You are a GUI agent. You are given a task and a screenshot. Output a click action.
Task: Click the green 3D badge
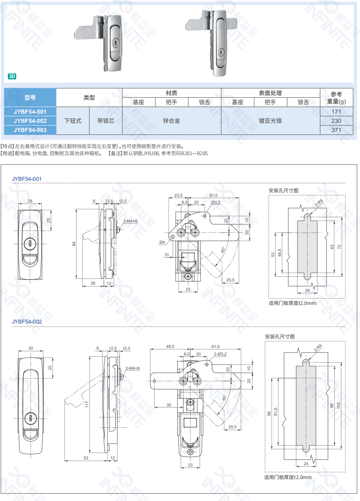point(12,76)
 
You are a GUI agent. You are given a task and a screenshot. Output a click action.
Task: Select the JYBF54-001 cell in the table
point(30,112)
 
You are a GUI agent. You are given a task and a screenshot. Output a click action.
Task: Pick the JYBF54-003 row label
point(30,130)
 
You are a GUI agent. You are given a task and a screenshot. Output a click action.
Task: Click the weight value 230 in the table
point(336,121)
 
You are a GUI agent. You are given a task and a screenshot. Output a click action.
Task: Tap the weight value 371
point(336,130)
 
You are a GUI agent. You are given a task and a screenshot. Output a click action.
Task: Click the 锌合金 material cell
point(172,121)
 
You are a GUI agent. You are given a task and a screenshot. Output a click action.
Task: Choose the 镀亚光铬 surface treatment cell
point(270,121)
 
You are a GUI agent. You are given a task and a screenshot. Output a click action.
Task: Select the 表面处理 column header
point(270,93)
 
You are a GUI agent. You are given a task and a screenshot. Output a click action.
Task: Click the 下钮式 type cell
point(73,121)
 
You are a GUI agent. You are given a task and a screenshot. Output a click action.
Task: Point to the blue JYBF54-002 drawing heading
point(27,321)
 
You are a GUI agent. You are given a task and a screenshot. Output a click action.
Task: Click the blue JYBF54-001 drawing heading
point(27,179)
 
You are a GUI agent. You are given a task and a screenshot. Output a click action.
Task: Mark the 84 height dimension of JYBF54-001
point(74,244)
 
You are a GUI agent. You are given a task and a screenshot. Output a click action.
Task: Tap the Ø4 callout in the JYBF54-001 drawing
point(162,242)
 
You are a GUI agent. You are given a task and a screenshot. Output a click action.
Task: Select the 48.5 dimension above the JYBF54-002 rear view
point(170,346)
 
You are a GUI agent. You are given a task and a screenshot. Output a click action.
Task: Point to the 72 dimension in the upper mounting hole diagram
point(339,246)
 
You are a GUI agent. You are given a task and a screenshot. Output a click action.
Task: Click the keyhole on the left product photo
point(114,42)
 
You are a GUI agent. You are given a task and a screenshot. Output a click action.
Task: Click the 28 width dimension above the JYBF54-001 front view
point(30,201)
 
